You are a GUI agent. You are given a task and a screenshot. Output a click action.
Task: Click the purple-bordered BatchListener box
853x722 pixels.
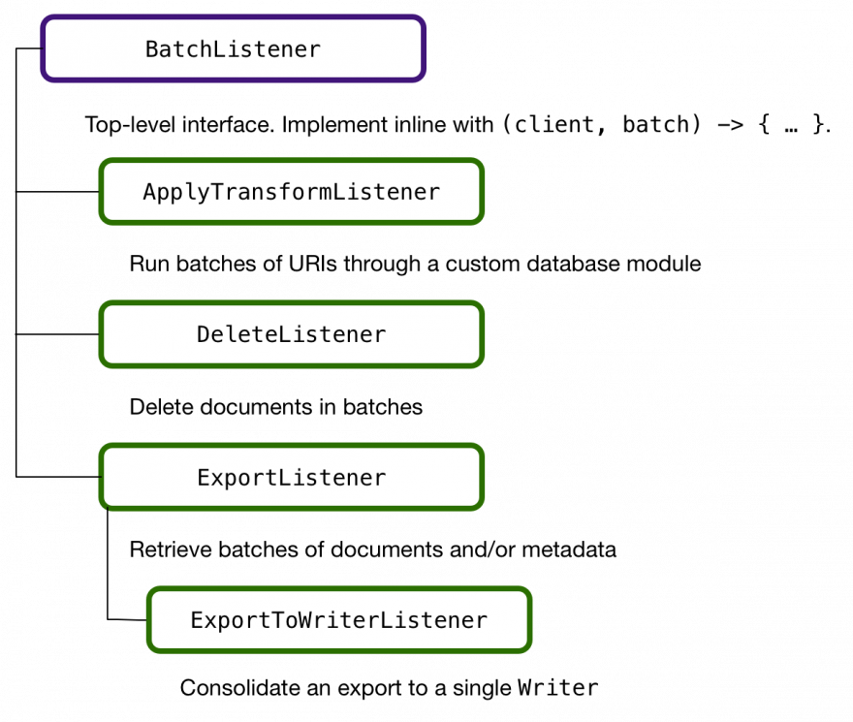233,48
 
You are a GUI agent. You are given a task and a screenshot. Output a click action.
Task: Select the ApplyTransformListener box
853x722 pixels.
291,192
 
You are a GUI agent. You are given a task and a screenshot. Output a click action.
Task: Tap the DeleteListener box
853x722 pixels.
291,334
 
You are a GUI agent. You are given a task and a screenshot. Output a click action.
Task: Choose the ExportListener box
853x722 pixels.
291,477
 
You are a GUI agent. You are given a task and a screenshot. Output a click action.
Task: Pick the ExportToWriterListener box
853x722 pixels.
339,620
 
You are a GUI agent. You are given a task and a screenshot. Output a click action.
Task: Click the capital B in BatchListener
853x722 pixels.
152,49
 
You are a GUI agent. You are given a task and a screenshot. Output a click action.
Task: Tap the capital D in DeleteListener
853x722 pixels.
204,334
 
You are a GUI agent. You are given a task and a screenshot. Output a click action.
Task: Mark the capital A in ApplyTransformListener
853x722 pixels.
149,192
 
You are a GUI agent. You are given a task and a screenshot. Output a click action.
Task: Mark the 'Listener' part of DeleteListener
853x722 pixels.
332,334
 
